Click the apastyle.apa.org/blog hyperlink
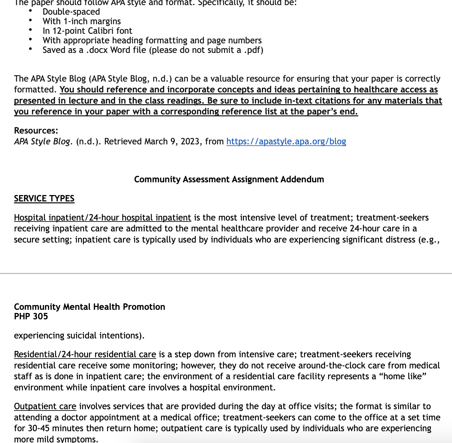tap(286, 142)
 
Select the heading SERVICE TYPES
tap(44, 199)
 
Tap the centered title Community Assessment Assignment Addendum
tap(229, 179)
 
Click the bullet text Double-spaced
tap(71, 12)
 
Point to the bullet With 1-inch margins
tap(82, 21)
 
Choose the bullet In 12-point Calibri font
tap(87, 31)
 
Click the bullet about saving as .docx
tap(153, 50)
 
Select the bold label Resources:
tap(36, 131)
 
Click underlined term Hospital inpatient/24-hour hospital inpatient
tap(102, 218)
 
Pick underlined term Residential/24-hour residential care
tap(85, 354)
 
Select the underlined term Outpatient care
tap(45, 406)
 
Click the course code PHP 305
tap(31, 316)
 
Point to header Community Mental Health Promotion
tap(90, 307)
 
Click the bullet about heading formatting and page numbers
tap(152, 40)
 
